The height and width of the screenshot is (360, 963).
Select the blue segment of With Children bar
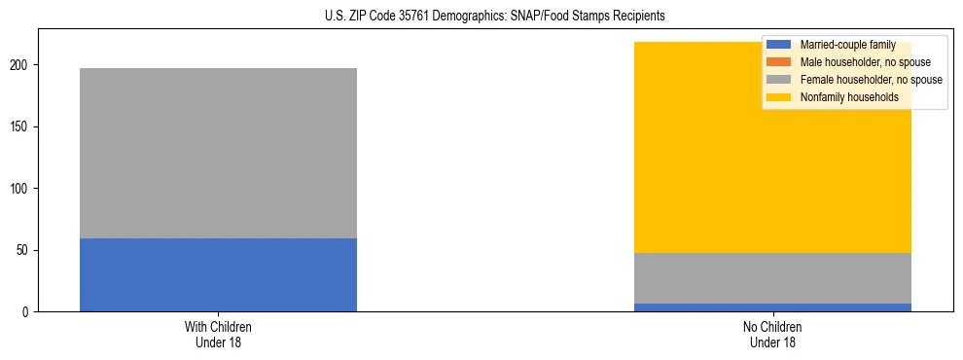[218, 274]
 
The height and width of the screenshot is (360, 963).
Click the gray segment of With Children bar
[218, 153]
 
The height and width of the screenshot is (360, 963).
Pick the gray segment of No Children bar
[772, 278]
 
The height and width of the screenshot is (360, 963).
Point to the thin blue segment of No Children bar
[772, 307]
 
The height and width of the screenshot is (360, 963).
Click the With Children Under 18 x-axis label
[218, 334]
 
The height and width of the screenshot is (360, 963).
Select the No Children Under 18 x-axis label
[772, 334]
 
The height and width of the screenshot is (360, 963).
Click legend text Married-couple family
[847, 45]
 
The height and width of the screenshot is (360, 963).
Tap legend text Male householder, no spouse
[859, 62]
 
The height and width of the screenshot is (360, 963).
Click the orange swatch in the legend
[779, 62]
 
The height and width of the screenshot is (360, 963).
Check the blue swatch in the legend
[779, 45]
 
